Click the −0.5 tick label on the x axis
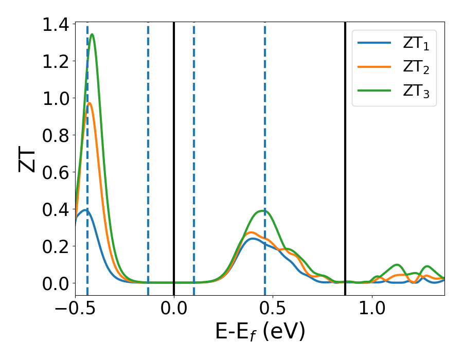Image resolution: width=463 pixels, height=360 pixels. tap(75, 310)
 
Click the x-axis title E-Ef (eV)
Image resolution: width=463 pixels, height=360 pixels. tap(260, 332)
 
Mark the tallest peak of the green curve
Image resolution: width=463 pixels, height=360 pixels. tap(92, 34)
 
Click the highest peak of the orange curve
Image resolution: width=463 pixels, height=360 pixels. tap(90, 103)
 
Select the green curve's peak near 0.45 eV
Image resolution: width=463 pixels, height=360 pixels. tap(263, 210)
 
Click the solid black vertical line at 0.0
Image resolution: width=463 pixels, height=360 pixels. tap(174, 154)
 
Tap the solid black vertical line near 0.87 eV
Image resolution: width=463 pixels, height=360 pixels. tap(345, 154)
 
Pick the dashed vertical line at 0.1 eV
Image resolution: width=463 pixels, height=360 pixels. tap(194, 154)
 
